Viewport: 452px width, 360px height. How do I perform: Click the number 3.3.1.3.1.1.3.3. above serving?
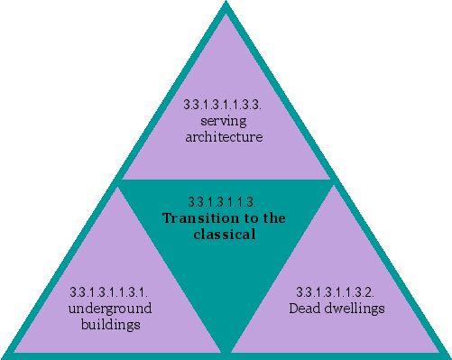click(224, 104)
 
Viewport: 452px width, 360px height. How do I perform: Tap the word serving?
click(224, 121)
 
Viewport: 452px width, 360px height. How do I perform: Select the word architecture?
click(224, 137)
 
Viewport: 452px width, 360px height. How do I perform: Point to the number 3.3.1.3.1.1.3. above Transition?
click(224, 200)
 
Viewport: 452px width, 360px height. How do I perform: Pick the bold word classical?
click(225, 235)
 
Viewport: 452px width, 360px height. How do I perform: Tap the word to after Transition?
click(244, 217)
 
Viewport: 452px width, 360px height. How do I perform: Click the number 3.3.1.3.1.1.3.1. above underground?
click(109, 291)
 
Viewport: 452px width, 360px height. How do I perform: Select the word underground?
click(110, 309)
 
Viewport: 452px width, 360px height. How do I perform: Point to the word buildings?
click(110, 325)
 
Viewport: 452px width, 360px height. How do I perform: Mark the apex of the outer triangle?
click(226, 5)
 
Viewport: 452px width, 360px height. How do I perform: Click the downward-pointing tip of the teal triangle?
click(226, 350)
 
